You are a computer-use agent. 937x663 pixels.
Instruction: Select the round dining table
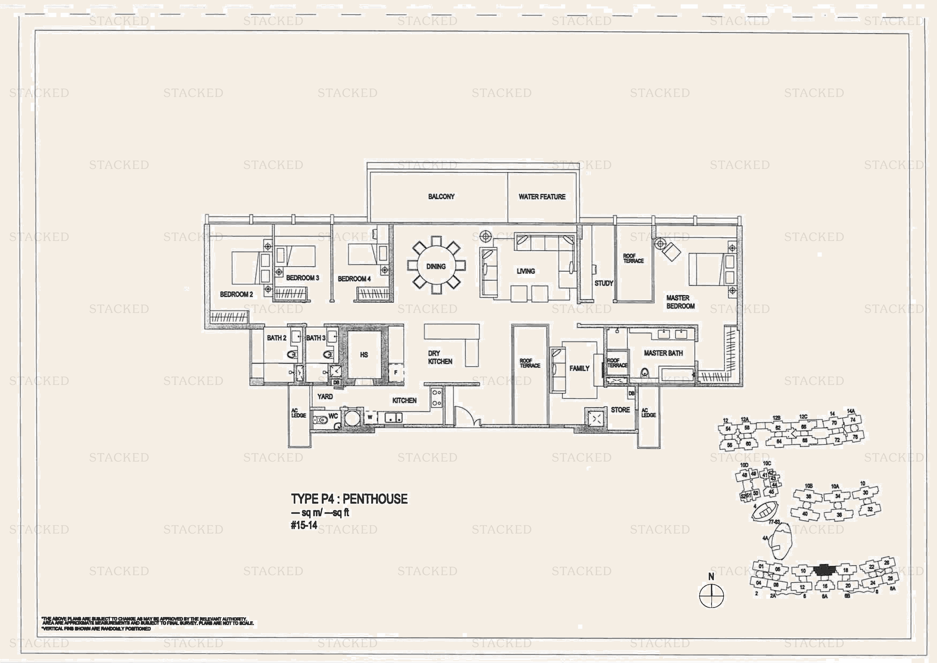(x=436, y=266)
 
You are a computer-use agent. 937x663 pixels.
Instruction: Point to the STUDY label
(x=603, y=283)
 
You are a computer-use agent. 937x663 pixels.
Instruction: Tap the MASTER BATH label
(x=663, y=353)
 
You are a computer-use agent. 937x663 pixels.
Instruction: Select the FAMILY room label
(x=579, y=368)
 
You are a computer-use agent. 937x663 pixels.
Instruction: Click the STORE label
(x=620, y=410)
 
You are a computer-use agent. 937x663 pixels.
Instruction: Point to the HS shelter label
(x=364, y=355)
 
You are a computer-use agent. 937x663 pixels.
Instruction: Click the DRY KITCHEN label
(x=440, y=357)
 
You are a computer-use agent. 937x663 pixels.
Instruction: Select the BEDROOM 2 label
(x=236, y=294)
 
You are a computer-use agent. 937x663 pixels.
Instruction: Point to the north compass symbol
(x=711, y=595)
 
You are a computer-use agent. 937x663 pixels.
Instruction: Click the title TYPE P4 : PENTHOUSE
(x=349, y=499)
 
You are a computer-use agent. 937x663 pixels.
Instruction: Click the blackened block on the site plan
(x=824, y=569)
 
